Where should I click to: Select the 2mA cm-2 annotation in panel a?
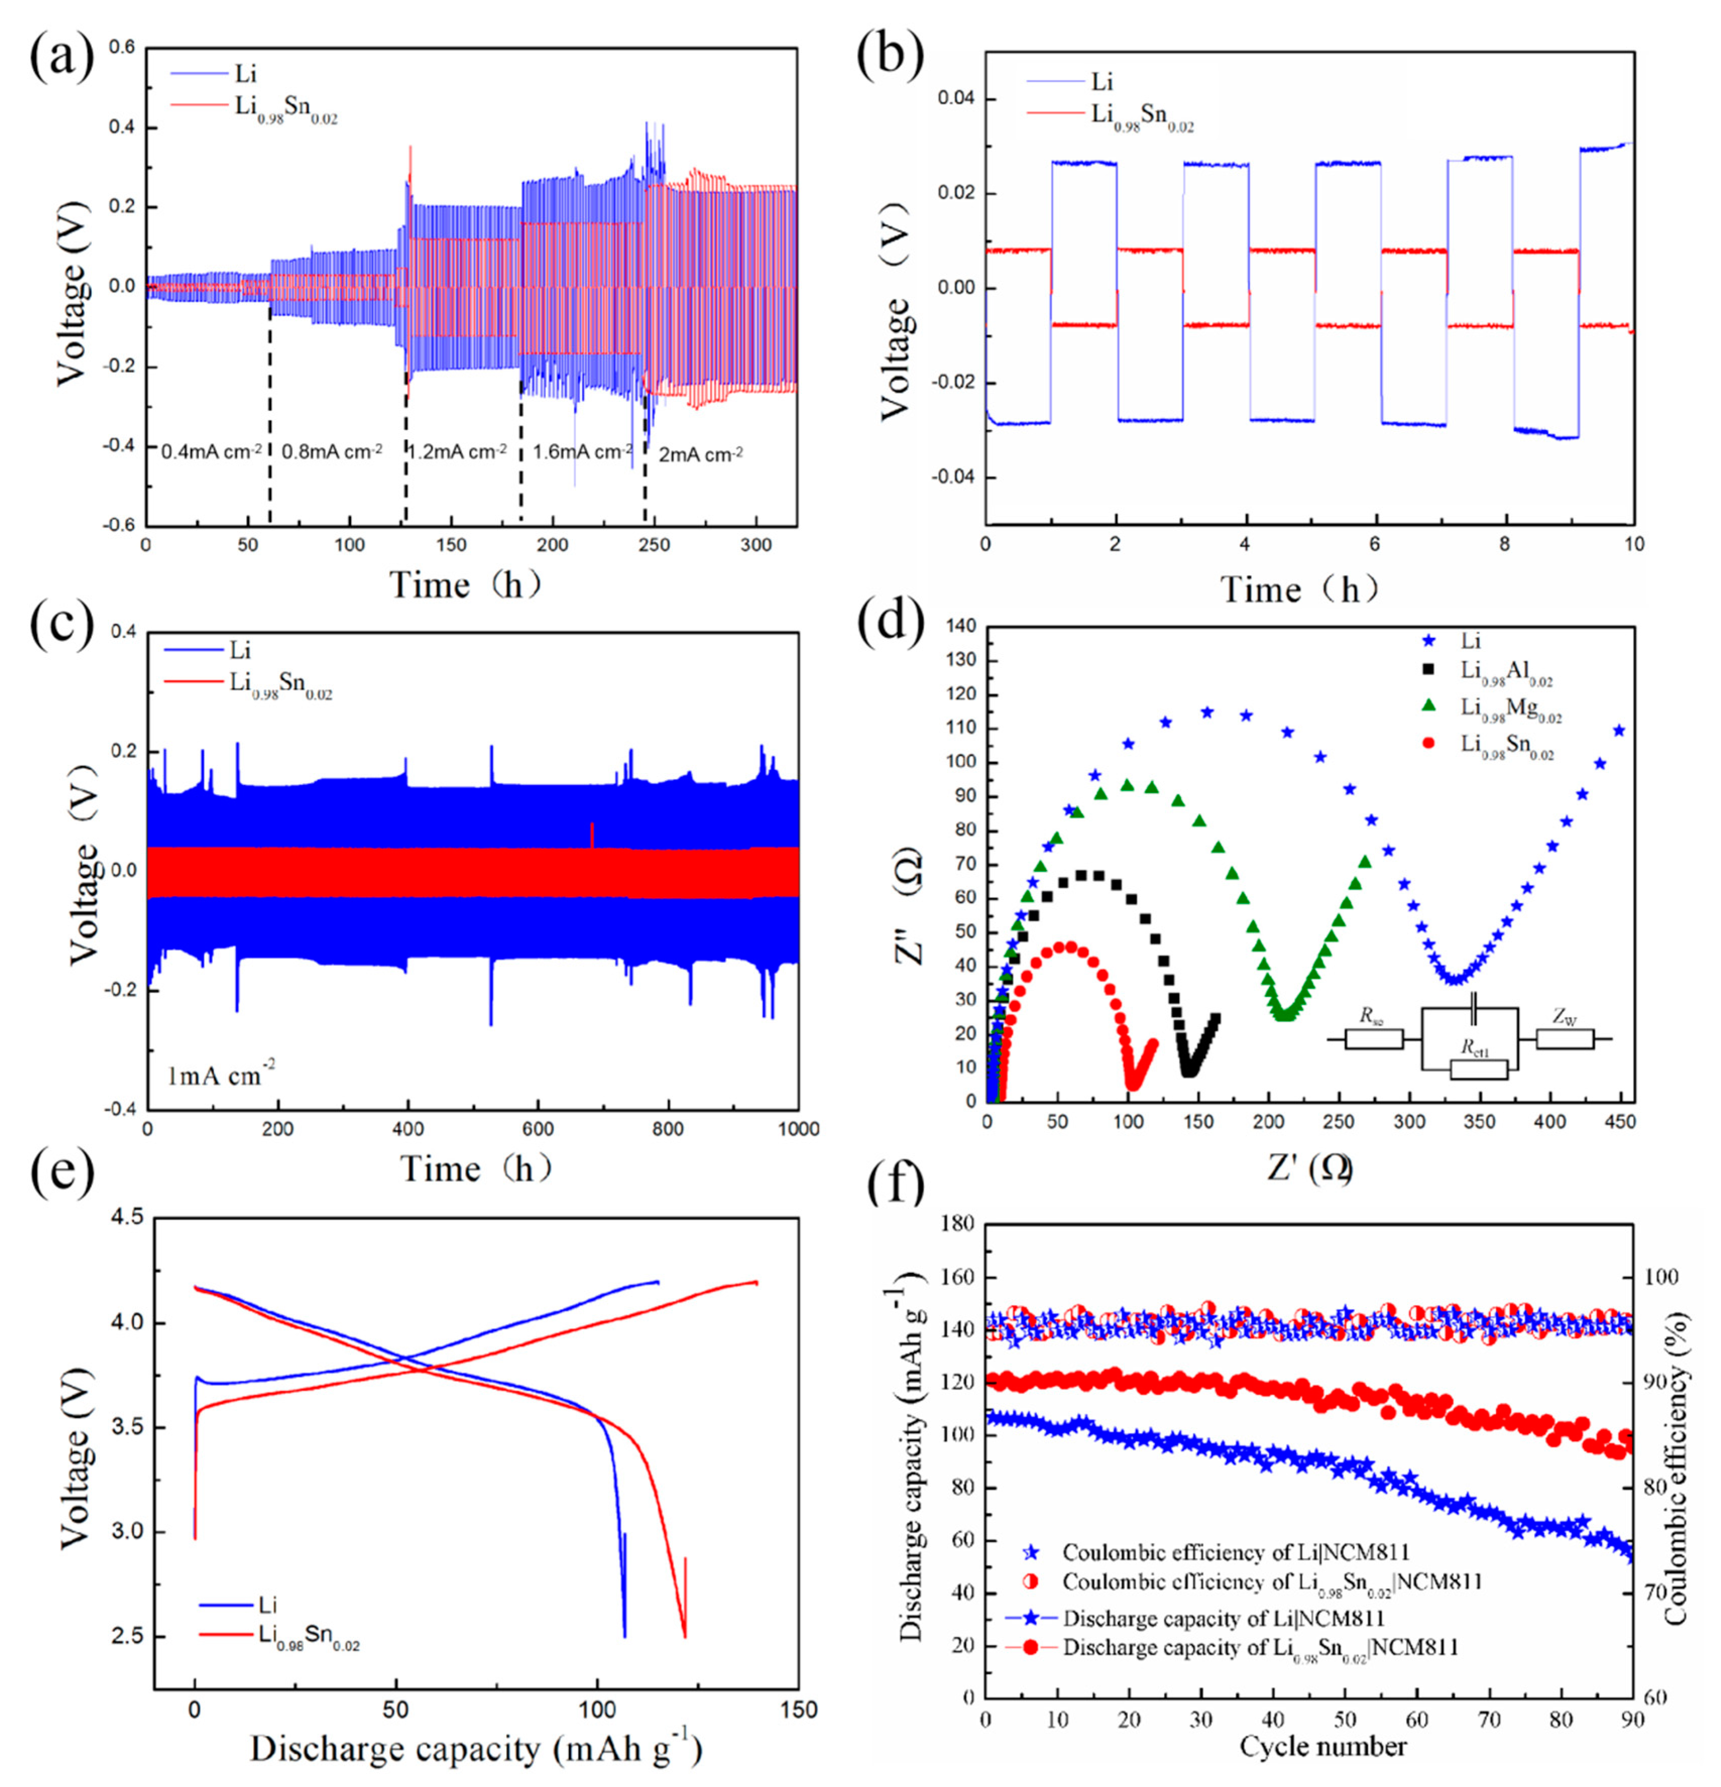pyautogui.click(x=700, y=453)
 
